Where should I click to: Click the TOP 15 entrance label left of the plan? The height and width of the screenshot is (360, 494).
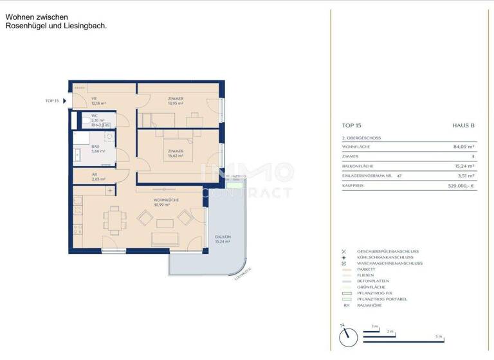pos(52,101)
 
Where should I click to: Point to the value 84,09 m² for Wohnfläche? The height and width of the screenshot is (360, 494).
pos(463,147)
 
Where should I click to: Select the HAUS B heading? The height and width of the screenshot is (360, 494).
pos(463,126)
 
